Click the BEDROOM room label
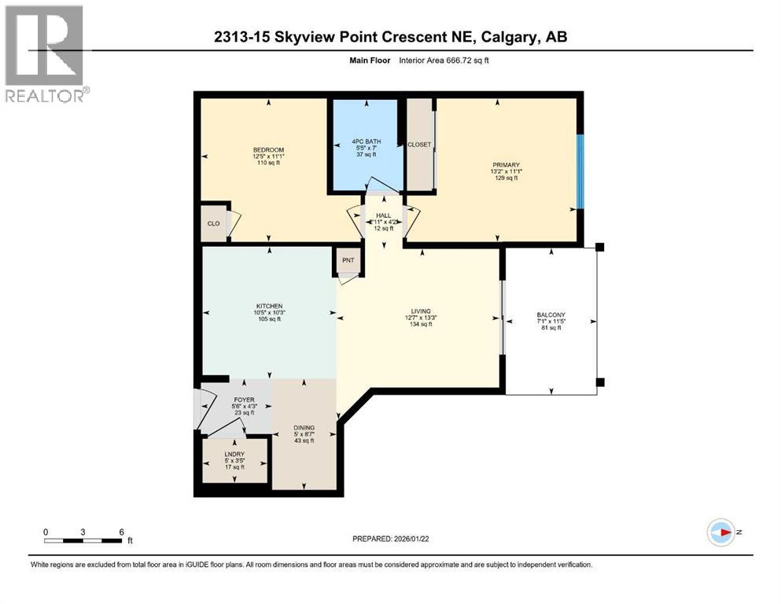tap(268, 150)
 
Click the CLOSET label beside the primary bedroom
tap(419, 145)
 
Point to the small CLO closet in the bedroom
tap(213, 223)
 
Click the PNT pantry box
tap(348, 261)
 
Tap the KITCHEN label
tap(268, 307)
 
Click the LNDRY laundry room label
tap(234, 455)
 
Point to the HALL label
tap(383, 215)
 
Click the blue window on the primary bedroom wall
tap(580, 171)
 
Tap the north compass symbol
tap(721, 532)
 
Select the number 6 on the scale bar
tap(120, 532)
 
